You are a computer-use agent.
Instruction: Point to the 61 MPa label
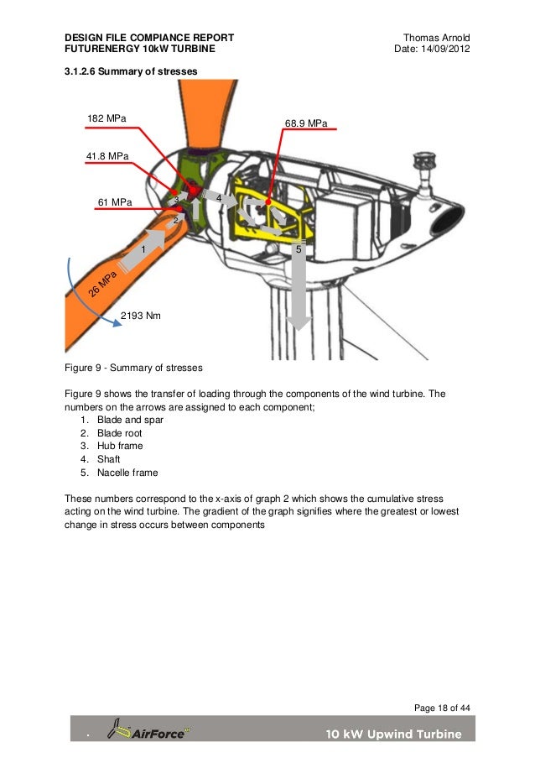115,202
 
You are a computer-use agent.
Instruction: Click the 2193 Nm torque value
142,316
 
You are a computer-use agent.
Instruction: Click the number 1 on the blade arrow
143,250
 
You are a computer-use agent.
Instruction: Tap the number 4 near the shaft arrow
218,198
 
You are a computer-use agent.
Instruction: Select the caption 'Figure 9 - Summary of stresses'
133,368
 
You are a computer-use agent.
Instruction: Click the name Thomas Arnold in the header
436,39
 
